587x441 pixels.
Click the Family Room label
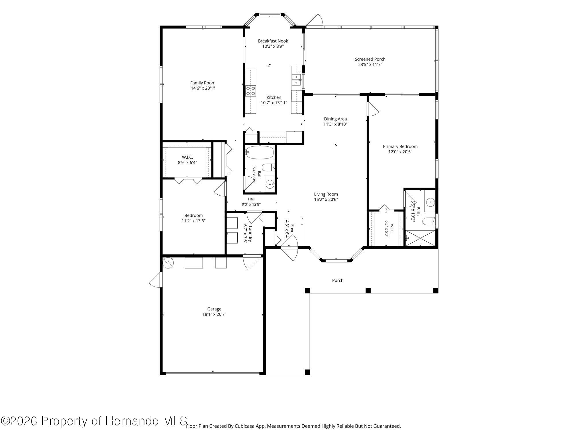pos(203,83)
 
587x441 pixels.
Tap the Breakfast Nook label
pos(273,41)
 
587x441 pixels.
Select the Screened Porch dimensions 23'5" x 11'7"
pos(370,65)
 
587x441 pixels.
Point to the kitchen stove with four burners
pos(251,91)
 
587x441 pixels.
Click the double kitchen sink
pos(296,80)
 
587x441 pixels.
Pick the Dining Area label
pos(335,119)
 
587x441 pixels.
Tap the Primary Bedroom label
pos(400,146)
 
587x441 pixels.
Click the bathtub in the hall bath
pos(260,152)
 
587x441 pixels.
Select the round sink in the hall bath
pos(269,184)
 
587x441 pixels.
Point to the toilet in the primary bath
pos(429,221)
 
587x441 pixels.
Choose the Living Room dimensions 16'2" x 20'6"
pos(326,200)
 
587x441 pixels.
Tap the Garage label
pos(214,309)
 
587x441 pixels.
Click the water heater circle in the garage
pos(168,263)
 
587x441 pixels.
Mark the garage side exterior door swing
pos(155,279)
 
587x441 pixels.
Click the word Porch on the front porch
pos(338,280)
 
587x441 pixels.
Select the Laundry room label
pos(250,234)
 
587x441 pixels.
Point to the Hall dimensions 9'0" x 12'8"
pos(251,204)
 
